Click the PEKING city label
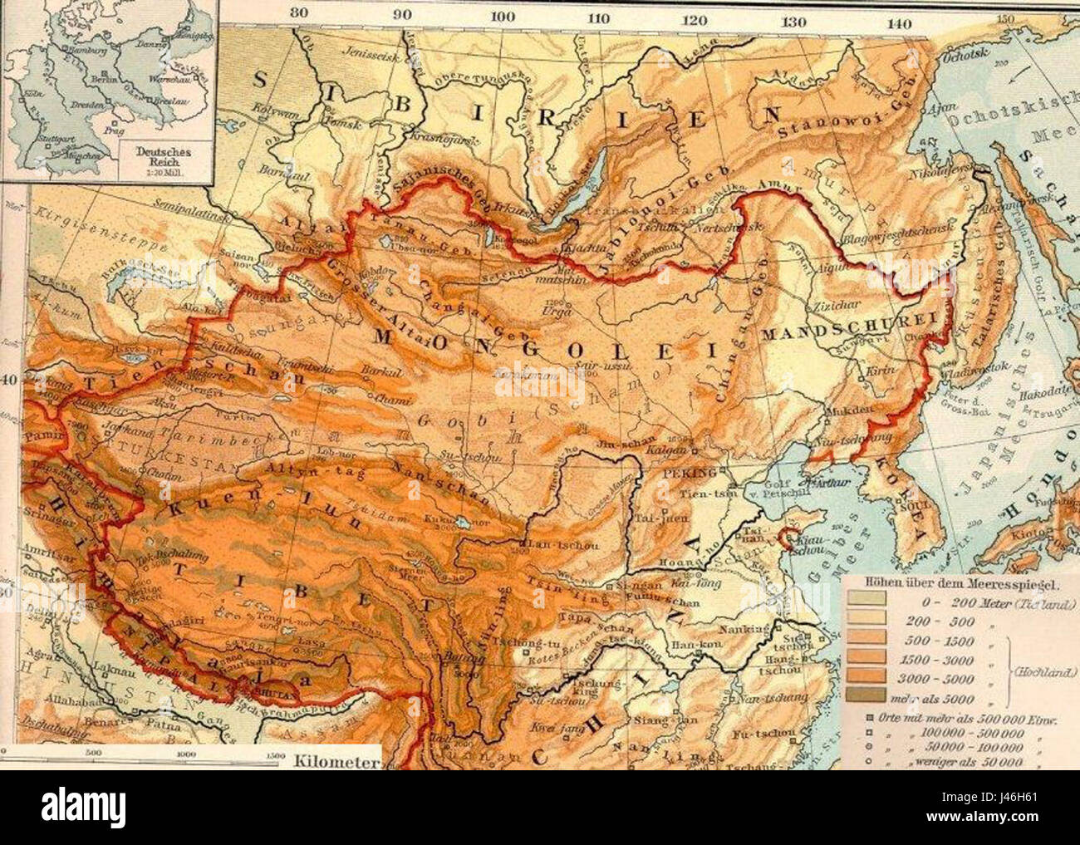[x=689, y=473]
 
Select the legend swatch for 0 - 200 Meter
[x=866, y=597]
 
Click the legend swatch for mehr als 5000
[x=866, y=698]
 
